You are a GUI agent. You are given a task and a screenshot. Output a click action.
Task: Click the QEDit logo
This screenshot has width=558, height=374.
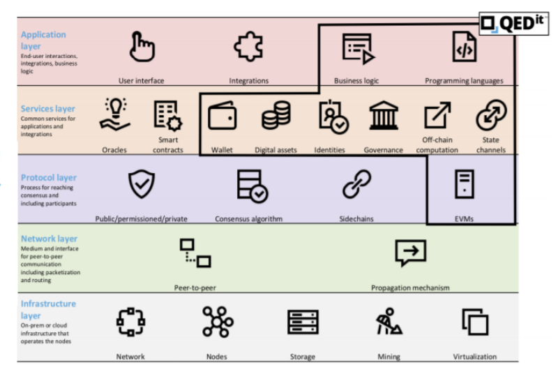click(x=513, y=24)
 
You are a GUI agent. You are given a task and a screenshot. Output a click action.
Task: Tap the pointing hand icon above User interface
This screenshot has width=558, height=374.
click(x=142, y=47)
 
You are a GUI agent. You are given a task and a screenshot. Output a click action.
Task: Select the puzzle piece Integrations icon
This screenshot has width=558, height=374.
click(x=248, y=46)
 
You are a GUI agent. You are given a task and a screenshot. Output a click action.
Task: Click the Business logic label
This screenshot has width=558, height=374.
click(x=356, y=81)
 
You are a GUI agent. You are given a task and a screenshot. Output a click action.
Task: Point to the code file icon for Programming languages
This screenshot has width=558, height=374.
click(x=465, y=46)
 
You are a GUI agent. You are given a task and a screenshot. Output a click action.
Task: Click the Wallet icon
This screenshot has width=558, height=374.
click(x=223, y=115)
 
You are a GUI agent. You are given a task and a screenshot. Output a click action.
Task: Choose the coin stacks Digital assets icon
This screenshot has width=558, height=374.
click(x=276, y=115)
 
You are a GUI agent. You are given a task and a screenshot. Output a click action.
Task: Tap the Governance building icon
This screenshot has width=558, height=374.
click(x=383, y=115)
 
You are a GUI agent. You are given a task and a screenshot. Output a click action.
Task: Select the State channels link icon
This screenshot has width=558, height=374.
click(x=492, y=115)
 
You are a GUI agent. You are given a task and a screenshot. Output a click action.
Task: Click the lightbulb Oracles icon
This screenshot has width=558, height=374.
click(x=115, y=114)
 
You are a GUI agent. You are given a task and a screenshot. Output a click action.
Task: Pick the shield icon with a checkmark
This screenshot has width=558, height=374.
click(x=142, y=184)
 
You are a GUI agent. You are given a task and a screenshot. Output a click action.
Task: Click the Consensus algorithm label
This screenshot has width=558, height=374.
click(x=249, y=219)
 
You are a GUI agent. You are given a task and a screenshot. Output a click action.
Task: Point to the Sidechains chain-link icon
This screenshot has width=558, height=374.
click(x=357, y=184)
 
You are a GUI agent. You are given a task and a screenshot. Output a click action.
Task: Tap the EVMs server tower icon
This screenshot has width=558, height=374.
click(x=465, y=184)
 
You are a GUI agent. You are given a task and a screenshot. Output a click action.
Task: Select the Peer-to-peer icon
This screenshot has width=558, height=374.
click(x=195, y=253)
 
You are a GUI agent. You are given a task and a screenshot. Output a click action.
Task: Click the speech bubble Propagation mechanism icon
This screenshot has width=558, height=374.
click(x=411, y=253)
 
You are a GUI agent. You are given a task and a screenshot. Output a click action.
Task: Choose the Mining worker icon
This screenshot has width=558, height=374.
click(x=389, y=322)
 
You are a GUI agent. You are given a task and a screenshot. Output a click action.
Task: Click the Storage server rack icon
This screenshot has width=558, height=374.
click(x=303, y=322)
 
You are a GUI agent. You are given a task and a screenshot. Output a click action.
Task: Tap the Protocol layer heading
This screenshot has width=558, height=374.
click(x=49, y=177)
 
